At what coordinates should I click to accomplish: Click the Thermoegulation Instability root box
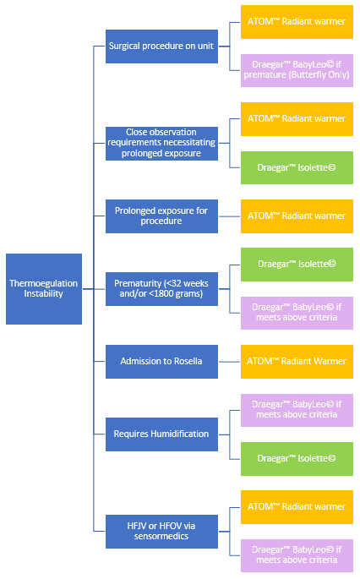44,289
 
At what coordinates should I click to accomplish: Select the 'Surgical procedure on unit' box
161,46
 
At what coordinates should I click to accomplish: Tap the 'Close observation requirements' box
161,144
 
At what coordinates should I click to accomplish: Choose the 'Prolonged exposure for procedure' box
161,216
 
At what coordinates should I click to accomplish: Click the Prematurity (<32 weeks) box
161,289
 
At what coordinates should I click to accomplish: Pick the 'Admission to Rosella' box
161,362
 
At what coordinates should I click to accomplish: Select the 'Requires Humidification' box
161,434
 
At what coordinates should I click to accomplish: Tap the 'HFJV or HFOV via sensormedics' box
161,532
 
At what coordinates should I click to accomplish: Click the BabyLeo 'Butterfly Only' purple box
297,70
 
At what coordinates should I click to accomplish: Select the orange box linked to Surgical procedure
297,22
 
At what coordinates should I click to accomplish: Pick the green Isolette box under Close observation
297,167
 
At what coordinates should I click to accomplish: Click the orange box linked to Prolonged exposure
297,216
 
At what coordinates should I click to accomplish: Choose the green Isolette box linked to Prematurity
297,265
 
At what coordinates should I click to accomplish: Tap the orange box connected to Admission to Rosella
297,362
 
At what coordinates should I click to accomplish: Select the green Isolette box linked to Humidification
297,459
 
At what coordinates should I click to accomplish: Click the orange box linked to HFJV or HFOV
297,507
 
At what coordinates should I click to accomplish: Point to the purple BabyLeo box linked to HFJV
297,555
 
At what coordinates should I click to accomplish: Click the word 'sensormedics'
161,536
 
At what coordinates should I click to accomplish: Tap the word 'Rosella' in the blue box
188,361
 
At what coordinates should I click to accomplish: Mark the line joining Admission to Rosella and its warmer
229,362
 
